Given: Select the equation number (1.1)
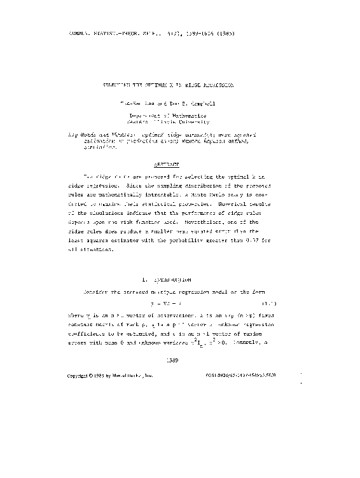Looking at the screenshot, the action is [269, 304].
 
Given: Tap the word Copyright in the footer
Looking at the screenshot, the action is [81, 376].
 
